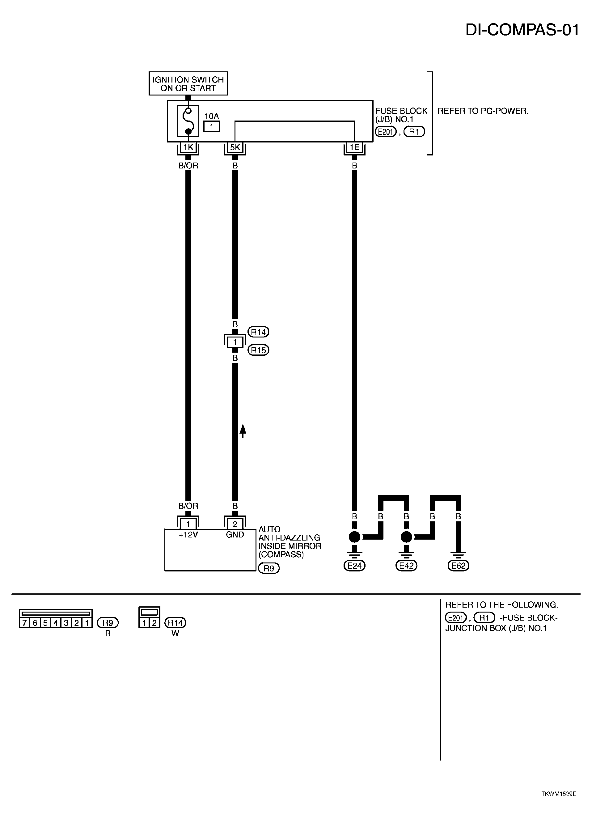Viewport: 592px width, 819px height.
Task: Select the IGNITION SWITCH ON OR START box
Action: [188, 83]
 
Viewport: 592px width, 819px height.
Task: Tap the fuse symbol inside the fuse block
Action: [188, 121]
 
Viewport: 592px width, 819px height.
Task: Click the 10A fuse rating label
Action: [212, 116]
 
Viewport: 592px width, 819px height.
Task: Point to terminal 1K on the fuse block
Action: [188, 147]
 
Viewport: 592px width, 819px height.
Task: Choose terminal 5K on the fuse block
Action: [235, 147]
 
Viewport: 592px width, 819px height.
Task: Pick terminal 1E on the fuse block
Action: [354, 147]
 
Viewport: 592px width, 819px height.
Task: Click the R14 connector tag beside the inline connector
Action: [258, 332]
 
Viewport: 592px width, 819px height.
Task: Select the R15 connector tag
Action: [258, 350]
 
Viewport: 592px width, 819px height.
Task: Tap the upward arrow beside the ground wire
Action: [243, 431]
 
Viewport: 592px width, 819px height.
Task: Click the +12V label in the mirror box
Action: [188, 535]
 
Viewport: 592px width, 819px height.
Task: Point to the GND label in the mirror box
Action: [235, 535]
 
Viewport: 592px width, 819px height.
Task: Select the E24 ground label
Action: [354, 566]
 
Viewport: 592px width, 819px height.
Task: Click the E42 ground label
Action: [406, 566]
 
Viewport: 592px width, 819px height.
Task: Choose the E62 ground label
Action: [459, 566]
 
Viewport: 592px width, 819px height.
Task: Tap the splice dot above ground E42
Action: [406, 537]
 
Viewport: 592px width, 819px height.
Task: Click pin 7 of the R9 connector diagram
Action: [24, 623]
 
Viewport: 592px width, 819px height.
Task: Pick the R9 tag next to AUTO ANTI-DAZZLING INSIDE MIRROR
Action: [269, 568]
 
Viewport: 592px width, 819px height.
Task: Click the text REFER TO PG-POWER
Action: [483, 111]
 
